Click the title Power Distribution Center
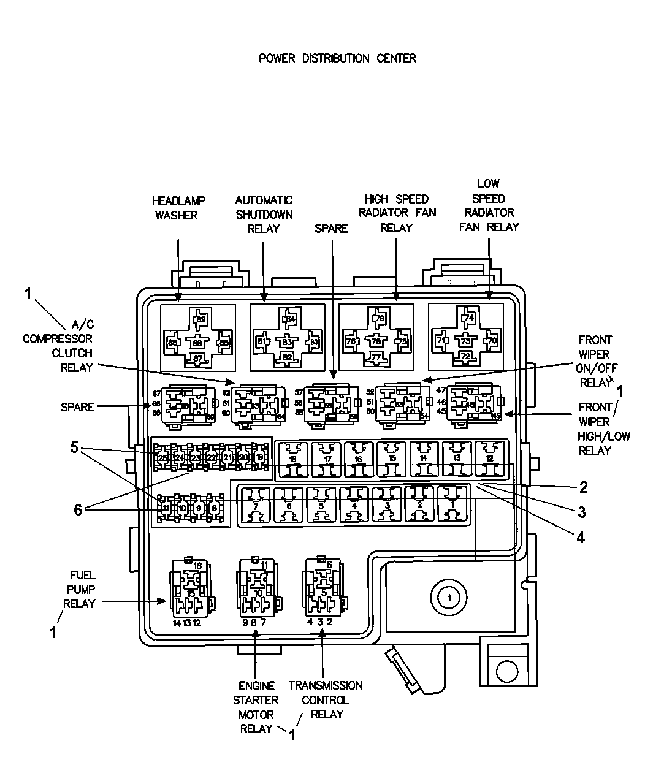click(337, 58)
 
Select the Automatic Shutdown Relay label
click(264, 214)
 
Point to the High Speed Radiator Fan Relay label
click(397, 213)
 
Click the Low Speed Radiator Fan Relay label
click(489, 205)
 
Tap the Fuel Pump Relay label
click(80, 589)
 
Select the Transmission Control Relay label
click(326, 699)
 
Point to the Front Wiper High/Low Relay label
click(595, 428)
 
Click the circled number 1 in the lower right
click(449, 596)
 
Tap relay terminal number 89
click(200, 319)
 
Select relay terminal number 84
click(290, 319)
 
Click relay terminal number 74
click(469, 318)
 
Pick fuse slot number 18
click(293, 459)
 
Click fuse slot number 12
click(489, 459)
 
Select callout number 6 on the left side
click(78, 510)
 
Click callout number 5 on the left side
click(74, 448)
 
